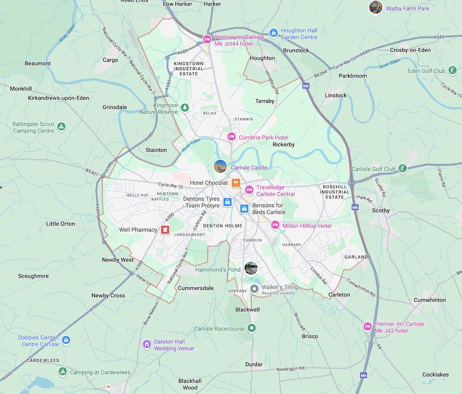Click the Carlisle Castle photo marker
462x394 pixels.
tap(221, 166)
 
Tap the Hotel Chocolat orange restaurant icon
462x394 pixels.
tap(236, 183)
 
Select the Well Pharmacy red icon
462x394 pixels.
tap(164, 230)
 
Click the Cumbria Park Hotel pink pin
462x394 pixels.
tap(231, 137)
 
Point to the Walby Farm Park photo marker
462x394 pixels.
tap(376, 7)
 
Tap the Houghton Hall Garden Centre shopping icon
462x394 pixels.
tap(274, 33)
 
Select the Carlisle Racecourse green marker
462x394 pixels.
tap(251, 328)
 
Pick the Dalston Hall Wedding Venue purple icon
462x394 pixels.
tap(147, 344)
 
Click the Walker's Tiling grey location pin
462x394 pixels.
tap(254, 289)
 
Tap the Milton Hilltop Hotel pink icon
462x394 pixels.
tap(275, 225)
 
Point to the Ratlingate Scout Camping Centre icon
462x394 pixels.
tap(62, 126)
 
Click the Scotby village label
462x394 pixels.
tap(381, 210)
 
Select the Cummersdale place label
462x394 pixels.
tap(195, 288)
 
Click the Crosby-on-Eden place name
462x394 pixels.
tap(410, 50)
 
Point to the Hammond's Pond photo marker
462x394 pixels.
tap(251, 268)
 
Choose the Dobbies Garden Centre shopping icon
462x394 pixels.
tap(66, 340)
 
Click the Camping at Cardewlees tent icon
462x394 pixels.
tap(62, 371)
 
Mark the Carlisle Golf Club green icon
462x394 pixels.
tap(403, 168)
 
